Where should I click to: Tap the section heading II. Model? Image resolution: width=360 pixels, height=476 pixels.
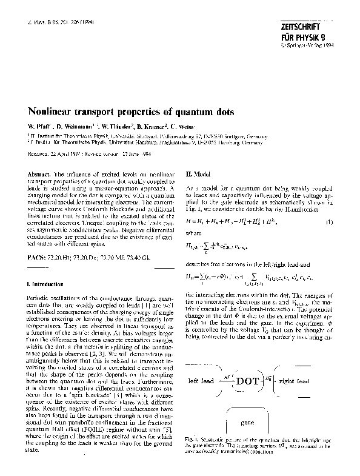[196, 173]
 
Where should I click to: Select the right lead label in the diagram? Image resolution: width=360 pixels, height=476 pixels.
[313, 381]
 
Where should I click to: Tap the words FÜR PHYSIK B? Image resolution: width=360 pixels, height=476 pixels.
[302, 37]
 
